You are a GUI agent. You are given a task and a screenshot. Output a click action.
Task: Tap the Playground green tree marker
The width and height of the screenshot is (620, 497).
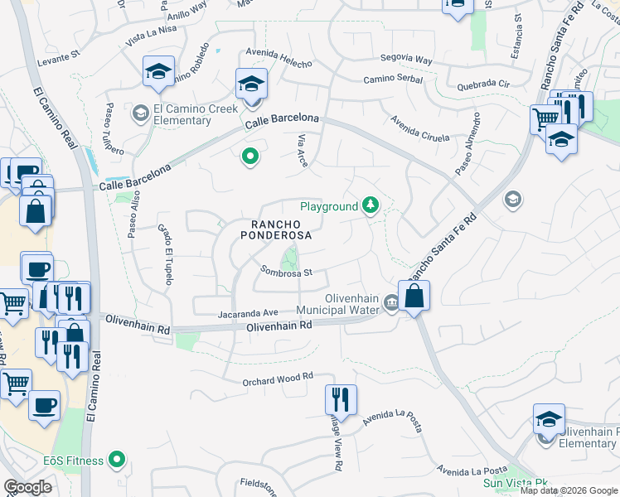click(371, 206)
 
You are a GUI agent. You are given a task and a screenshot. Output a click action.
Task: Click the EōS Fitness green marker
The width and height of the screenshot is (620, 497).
click(117, 460)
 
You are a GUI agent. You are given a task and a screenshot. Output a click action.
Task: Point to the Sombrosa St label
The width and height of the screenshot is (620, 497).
click(286, 272)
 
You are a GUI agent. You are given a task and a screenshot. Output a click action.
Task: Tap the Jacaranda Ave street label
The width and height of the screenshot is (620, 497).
click(248, 313)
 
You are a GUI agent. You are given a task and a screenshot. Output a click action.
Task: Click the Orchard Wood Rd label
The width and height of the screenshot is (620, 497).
click(278, 378)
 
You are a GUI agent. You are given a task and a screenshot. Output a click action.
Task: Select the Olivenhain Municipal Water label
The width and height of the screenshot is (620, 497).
click(340, 305)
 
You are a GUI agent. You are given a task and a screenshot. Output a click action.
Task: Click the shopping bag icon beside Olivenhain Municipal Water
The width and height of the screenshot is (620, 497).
click(414, 297)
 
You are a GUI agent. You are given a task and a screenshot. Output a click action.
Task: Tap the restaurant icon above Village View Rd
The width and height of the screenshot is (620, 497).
click(341, 400)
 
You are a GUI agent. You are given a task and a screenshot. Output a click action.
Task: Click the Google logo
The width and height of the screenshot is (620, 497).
click(27, 487)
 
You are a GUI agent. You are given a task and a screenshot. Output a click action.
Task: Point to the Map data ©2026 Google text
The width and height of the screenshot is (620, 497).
click(569, 490)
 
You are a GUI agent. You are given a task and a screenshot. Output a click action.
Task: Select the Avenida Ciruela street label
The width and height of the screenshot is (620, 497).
click(420, 127)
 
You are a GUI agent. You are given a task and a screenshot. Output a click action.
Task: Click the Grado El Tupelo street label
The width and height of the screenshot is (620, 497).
click(166, 254)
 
